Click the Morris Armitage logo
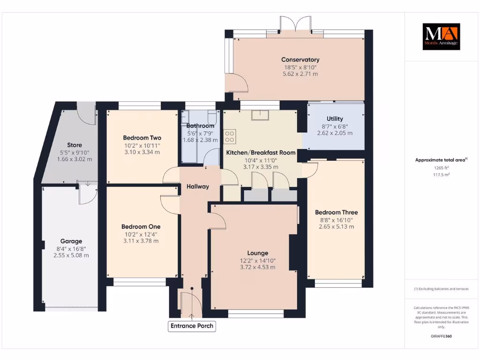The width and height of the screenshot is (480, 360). pos(441,37)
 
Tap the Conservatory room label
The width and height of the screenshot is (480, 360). pos(300,60)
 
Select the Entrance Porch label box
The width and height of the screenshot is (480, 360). pos(192,326)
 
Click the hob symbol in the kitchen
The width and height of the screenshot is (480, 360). pos(230,136)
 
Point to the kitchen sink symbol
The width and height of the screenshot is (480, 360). pos(259,115)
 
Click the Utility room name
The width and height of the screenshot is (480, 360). pos(335,119)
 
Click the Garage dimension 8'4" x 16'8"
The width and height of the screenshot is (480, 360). pos(71,248)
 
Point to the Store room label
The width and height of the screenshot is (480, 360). pos(75,145)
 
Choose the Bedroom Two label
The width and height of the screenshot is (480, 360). pos(142,138)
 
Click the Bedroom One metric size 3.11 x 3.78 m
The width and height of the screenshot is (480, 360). pos(141,241)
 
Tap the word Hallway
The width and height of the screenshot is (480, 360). pos(197,187)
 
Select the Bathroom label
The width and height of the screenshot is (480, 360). pos(200,126)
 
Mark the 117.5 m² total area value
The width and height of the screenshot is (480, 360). pos(441,174)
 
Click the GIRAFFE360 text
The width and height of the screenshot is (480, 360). pos(441,336)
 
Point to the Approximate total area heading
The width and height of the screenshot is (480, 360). pos(441,160)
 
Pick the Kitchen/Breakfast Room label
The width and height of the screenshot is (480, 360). pos(261,153)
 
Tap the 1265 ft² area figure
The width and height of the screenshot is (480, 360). pos(441,167)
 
